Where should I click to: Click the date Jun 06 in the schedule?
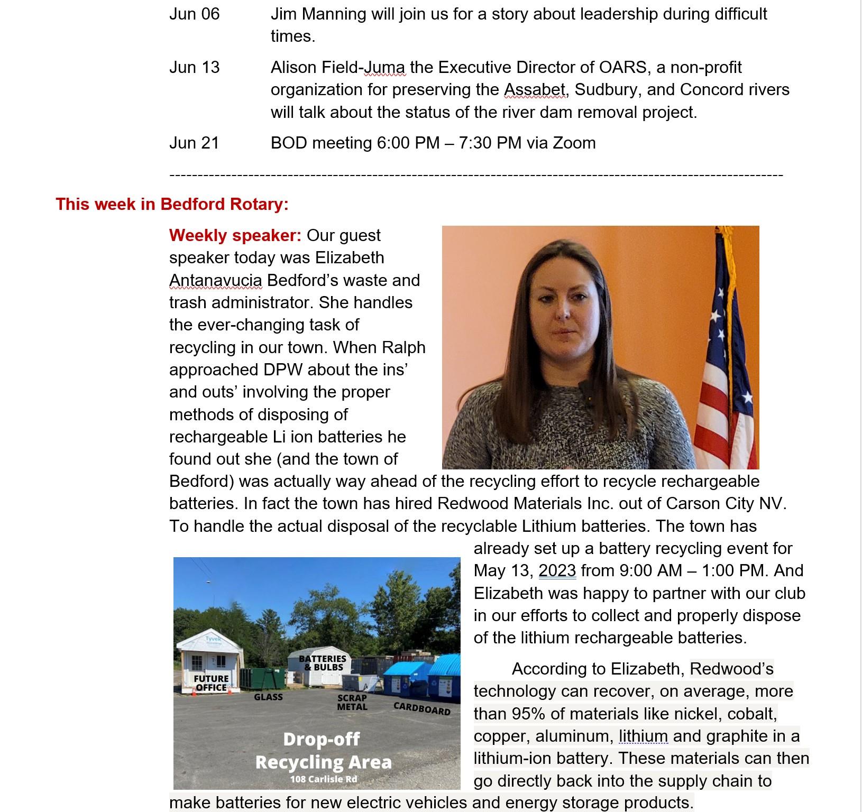pyautogui.click(x=194, y=14)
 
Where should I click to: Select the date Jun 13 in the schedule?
pyautogui.click(x=194, y=68)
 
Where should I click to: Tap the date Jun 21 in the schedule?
pyautogui.click(x=194, y=143)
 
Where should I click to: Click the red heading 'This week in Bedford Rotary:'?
pyautogui.click(x=172, y=204)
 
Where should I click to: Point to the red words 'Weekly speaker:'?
pyautogui.click(x=235, y=235)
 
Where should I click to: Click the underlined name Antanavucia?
pyautogui.click(x=215, y=280)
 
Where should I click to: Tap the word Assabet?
pyautogui.click(x=535, y=90)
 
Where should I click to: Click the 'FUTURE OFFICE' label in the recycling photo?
pyautogui.click(x=211, y=683)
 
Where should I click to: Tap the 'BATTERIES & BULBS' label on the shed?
pyautogui.click(x=322, y=663)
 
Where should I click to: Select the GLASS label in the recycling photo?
pyautogui.click(x=268, y=697)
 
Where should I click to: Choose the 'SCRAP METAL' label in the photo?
pyautogui.click(x=352, y=703)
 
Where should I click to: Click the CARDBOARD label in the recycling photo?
pyautogui.click(x=422, y=708)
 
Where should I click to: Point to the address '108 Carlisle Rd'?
pyautogui.click(x=323, y=779)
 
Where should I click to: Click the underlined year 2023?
pyautogui.click(x=557, y=571)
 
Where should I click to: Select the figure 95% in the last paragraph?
pyautogui.click(x=528, y=714)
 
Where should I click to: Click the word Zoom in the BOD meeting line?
pyautogui.click(x=574, y=143)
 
